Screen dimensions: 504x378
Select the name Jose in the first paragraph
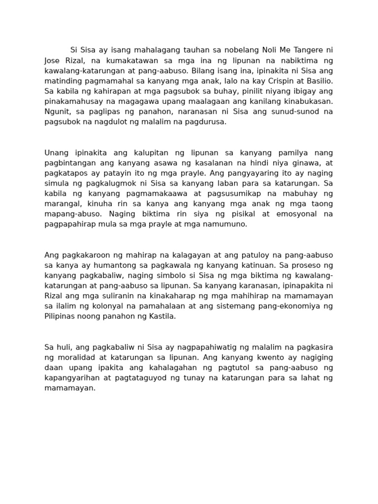click(53, 60)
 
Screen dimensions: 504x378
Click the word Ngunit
click(56, 112)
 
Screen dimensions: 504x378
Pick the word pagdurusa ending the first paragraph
click(208, 122)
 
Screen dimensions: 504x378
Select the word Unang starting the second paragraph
click(56, 153)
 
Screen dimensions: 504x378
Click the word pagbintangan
click(67, 163)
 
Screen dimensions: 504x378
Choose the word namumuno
click(229, 224)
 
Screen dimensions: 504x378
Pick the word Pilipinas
click(60, 316)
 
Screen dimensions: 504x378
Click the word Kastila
click(162, 316)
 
